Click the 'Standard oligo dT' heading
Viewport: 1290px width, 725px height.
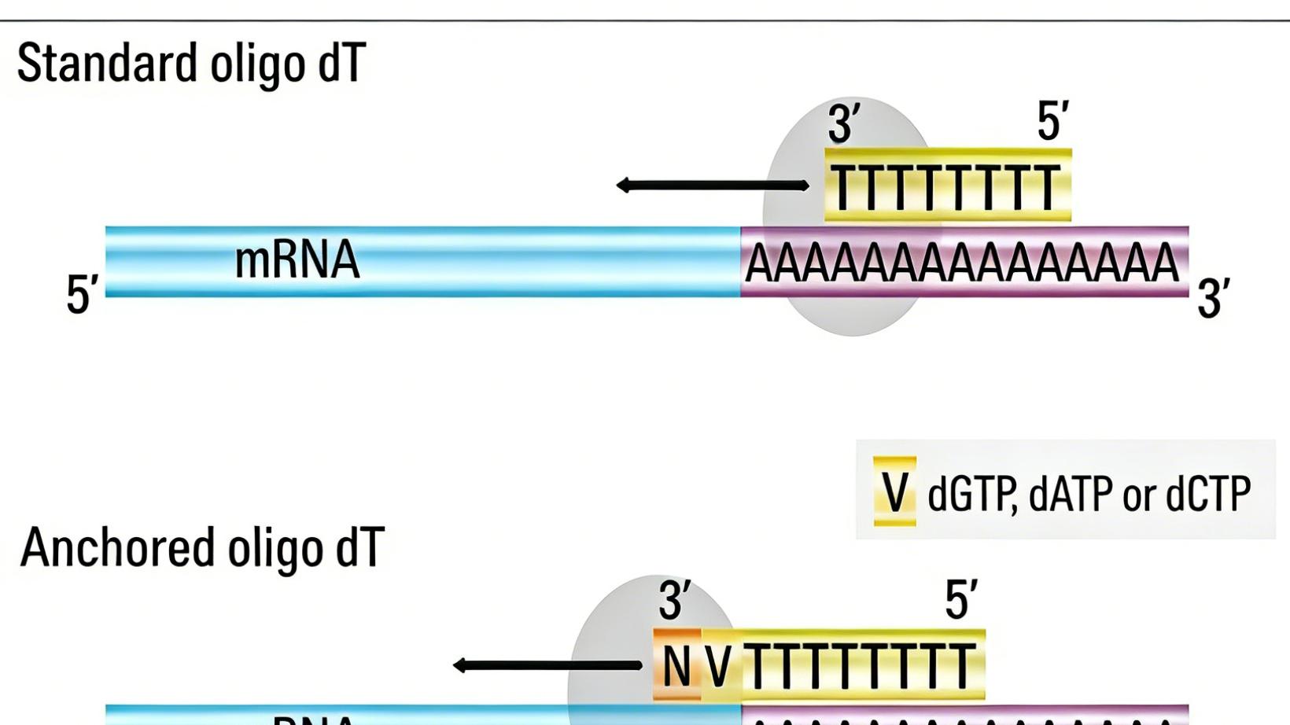pos(191,64)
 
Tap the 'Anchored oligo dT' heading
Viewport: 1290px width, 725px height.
pos(202,548)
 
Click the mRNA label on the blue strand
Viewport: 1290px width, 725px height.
pos(297,260)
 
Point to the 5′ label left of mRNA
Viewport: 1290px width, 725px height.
pos(82,294)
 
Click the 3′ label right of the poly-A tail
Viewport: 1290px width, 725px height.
pos(1213,299)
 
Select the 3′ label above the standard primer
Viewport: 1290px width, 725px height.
pos(843,123)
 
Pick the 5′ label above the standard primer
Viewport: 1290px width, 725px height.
pos(1052,122)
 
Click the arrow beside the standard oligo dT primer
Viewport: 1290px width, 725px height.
pos(712,186)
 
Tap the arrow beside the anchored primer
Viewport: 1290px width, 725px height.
pos(547,665)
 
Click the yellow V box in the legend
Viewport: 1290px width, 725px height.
pos(895,491)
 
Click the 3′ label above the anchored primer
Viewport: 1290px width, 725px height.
pos(675,602)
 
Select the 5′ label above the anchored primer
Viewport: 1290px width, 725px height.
pos(961,600)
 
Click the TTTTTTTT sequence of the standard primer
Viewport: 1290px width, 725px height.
pos(946,190)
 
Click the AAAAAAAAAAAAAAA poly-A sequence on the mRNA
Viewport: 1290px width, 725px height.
pos(962,263)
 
